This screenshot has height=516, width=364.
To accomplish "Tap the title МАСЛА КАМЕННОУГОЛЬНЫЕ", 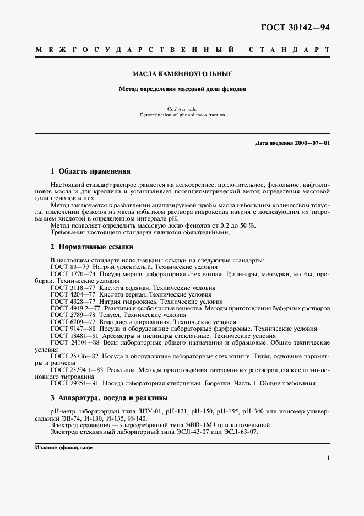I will (182, 73).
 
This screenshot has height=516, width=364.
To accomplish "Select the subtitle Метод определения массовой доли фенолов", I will (182, 88).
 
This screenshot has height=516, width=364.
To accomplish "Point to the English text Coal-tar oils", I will (182, 110).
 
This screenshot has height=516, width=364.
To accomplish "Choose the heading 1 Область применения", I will (90, 171).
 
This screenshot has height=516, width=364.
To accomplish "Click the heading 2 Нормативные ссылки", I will (91, 247).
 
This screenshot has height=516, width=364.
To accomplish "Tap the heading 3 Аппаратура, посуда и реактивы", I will (109, 397).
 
